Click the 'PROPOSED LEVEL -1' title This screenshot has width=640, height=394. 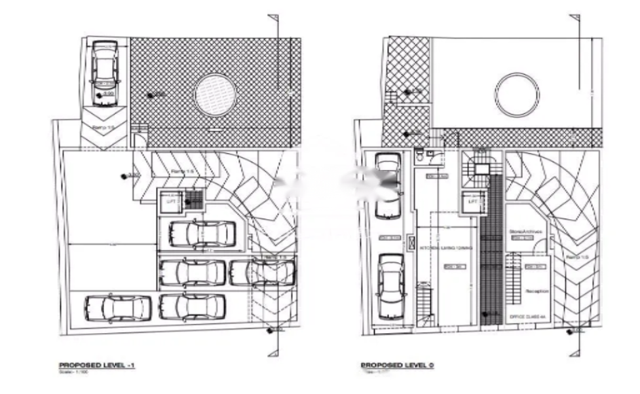click(97, 365)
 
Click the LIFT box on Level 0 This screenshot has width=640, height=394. click(472, 202)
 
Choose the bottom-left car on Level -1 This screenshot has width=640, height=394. click(118, 308)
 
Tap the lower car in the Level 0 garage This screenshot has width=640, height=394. click(391, 285)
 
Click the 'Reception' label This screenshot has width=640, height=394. click(536, 291)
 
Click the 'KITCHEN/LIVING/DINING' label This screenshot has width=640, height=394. click(438, 248)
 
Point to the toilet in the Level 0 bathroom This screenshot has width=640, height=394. click(419, 156)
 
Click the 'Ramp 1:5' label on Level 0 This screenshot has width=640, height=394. click(573, 258)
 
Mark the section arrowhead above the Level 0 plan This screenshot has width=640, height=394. click(574, 17)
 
